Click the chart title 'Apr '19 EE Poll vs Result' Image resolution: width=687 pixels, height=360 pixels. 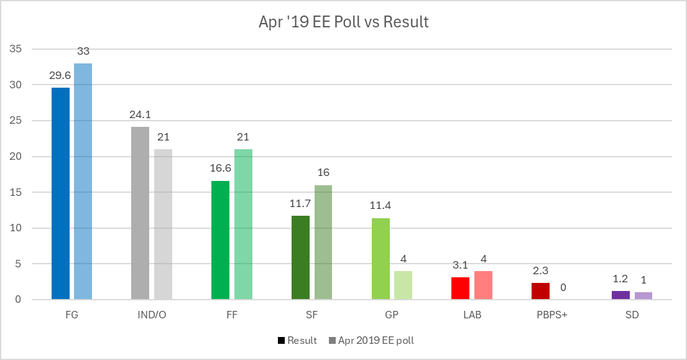pyautogui.click(x=343, y=22)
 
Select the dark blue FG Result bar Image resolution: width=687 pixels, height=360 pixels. pyautogui.click(x=60, y=193)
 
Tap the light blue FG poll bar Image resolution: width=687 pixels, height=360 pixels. pyautogui.click(x=83, y=182)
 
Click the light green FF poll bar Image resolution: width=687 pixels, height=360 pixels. pyautogui.click(x=243, y=224)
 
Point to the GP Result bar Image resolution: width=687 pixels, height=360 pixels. pyautogui.click(x=380, y=259)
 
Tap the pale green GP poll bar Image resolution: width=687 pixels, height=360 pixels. pyautogui.click(x=403, y=285)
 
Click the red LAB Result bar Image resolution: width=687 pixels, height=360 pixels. pyautogui.click(x=461, y=288)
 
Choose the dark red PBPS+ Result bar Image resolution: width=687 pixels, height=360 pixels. pyautogui.click(x=540, y=292)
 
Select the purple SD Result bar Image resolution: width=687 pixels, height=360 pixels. pyautogui.click(x=620, y=295)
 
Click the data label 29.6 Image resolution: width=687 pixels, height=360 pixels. pyautogui.click(x=60, y=76)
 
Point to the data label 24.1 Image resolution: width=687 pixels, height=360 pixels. pyautogui.click(x=140, y=115)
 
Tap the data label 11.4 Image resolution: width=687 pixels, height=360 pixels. pyautogui.click(x=380, y=206)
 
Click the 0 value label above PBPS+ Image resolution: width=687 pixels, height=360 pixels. pyautogui.click(x=563, y=288)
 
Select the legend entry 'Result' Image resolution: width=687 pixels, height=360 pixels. pyautogui.click(x=297, y=340)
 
